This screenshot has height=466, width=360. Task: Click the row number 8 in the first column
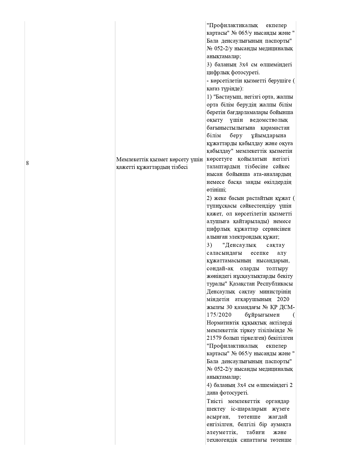pos(27,163)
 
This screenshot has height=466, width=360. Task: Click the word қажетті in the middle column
pos(125,167)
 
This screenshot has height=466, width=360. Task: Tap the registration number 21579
pos(214,338)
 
